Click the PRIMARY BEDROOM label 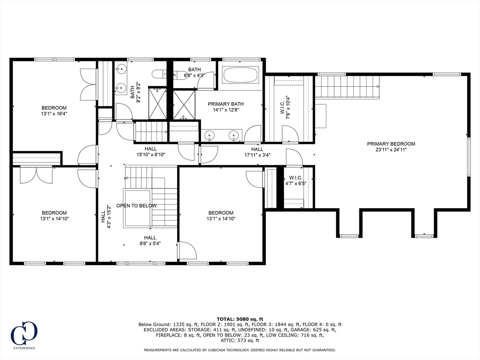(391, 144)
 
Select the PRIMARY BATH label (226, 104)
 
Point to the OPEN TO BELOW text (136, 206)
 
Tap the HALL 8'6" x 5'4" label (150, 240)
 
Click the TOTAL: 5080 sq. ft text (240, 319)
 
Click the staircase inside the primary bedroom (347, 87)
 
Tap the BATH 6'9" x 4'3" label (194, 72)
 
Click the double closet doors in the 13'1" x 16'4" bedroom (89, 84)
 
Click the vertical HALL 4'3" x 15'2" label (105, 217)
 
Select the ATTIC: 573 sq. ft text (240, 340)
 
